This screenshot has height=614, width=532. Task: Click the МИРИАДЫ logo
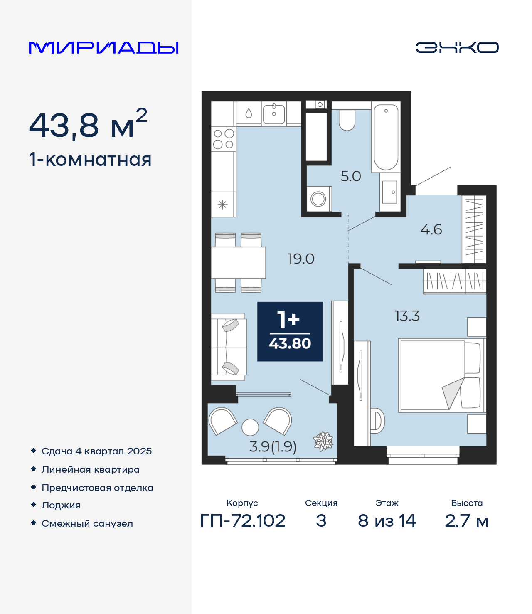pyautogui.click(x=103, y=47)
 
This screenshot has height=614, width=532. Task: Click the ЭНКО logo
pyautogui.click(x=457, y=47)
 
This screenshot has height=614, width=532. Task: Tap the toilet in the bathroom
pyautogui.click(x=347, y=120)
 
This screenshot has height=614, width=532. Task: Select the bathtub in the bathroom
pyautogui.click(x=386, y=137)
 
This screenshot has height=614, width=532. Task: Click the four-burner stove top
pyautogui.click(x=223, y=139)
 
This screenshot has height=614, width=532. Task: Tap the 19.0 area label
pyautogui.click(x=301, y=259)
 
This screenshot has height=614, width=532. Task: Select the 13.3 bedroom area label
pyautogui.click(x=407, y=316)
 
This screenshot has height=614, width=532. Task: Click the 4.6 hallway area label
pyautogui.click(x=431, y=229)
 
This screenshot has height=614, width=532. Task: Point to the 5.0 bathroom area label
pyautogui.click(x=351, y=176)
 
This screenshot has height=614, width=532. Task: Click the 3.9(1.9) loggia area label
pyautogui.click(x=273, y=446)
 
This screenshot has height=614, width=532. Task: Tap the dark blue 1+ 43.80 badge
pyautogui.click(x=290, y=331)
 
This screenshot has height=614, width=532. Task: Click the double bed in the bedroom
pyautogui.click(x=442, y=375)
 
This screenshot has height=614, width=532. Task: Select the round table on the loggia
pyautogui.click(x=250, y=427)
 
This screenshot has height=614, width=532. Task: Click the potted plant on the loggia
pyautogui.click(x=323, y=441)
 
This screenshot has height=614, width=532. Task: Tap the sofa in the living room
pyautogui.click(x=229, y=347)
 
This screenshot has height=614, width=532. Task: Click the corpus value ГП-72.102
pyautogui.click(x=243, y=521)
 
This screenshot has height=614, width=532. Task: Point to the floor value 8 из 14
pyautogui.click(x=387, y=521)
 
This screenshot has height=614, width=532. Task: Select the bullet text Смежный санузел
pyautogui.click(x=87, y=523)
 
